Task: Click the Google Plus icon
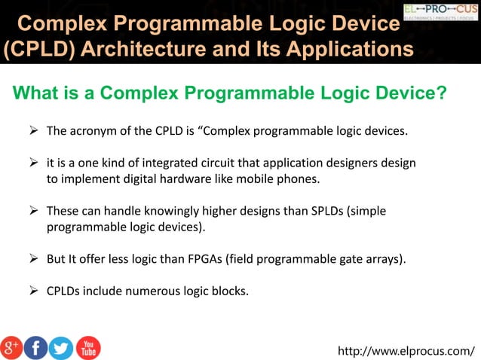pyautogui.click(x=11, y=347)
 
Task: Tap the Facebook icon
pyautogui.click(x=35, y=347)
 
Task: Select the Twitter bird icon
pyautogui.click(x=61, y=347)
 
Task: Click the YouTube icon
pyautogui.click(x=87, y=347)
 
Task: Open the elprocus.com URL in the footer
pyautogui.click(x=407, y=350)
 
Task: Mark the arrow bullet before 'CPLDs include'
pyautogui.click(x=34, y=290)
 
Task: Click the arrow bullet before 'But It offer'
pyautogui.click(x=34, y=258)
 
